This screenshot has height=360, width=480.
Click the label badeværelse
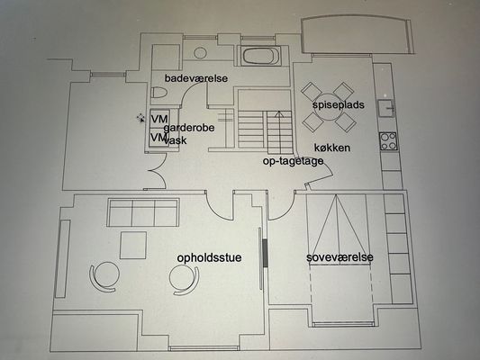[x=196, y=78]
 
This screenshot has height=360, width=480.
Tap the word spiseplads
[x=339, y=105]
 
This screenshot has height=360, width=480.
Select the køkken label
[x=332, y=148]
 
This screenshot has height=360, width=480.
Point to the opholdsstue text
[x=209, y=257]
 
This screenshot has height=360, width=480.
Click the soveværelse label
[x=340, y=257]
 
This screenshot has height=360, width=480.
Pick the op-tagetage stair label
[x=293, y=161]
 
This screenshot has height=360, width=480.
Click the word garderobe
[x=189, y=128]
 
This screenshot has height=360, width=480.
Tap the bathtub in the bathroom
[x=262, y=57]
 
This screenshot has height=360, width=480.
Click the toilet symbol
[x=159, y=93]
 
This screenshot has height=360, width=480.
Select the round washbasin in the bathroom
[x=200, y=53]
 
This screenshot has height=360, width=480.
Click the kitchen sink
[x=386, y=108]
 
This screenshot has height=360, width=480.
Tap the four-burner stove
[x=388, y=141]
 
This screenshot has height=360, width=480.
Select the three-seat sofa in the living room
[x=143, y=212]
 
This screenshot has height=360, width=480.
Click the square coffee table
[x=133, y=245]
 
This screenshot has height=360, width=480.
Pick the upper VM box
[x=159, y=118]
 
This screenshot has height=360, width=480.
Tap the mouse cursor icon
[x=140, y=118]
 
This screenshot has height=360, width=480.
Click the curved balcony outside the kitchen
[x=358, y=35]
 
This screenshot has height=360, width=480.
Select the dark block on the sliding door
[x=265, y=253]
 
